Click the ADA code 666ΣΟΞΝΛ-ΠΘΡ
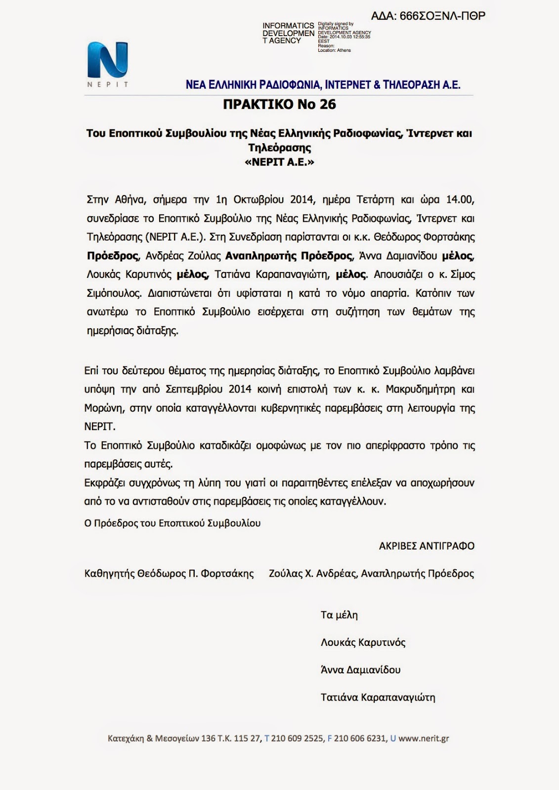pos(428,16)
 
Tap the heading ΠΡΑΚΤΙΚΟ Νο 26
pos(279,104)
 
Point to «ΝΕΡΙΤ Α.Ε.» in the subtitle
pos(279,162)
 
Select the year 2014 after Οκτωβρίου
pos(302,199)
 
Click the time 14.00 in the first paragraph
pos(460,199)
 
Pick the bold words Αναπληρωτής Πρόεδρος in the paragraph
pos(288,256)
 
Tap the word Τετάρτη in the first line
pos(375,199)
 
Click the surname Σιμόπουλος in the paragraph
pos(113,293)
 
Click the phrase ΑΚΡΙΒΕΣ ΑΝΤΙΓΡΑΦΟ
pos(427,546)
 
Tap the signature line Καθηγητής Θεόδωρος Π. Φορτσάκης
pos(169,574)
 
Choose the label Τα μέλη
pos(339,615)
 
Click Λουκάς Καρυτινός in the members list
pos(363,643)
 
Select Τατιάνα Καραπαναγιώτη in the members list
pos(378,698)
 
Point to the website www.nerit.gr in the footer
pos(424,739)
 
